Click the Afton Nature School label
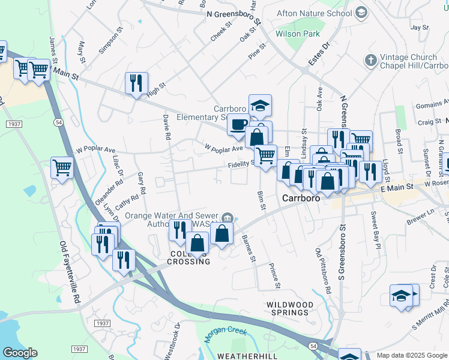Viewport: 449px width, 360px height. click(x=314, y=13)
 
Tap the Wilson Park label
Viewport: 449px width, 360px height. click(x=298, y=34)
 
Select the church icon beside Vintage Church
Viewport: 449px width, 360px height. click(x=370, y=60)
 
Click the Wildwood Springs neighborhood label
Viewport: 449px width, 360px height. click(x=291, y=309)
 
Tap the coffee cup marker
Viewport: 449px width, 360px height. click(x=238, y=124)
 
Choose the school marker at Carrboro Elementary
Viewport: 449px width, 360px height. click(x=260, y=106)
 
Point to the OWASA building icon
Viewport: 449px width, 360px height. click(x=228, y=217)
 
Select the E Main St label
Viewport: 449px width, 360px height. click(x=397, y=188)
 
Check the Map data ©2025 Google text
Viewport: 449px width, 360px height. click(x=411, y=355)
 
